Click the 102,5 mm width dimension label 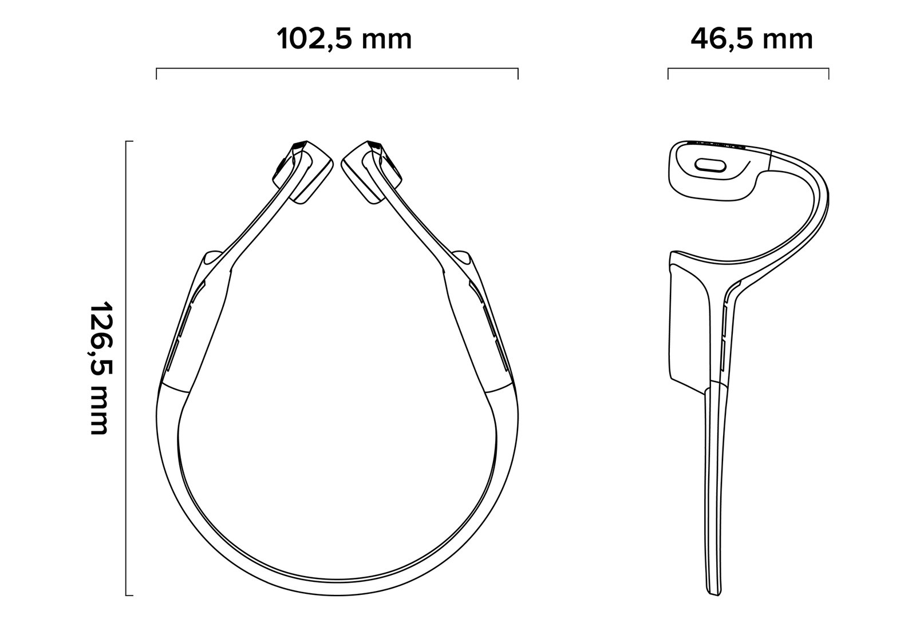coord(344,39)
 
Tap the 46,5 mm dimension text coord(752,39)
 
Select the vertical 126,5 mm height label coord(100,368)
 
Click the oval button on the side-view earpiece coord(710,165)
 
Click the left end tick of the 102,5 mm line coord(156,74)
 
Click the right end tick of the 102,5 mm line coord(518,74)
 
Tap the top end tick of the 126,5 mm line coord(129,141)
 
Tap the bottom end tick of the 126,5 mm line coord(129,595)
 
